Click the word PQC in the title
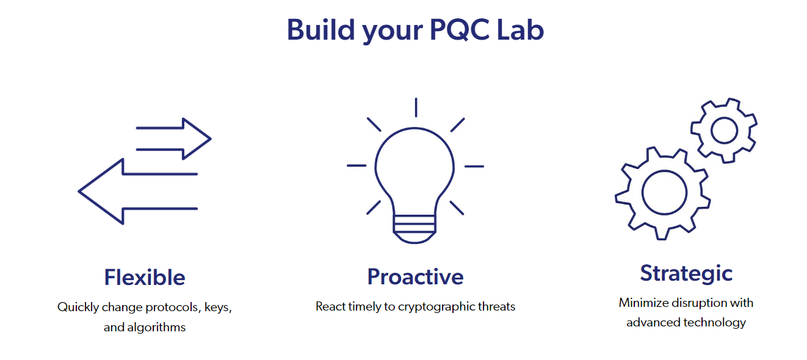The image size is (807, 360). pos(460,31)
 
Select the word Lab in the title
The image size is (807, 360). pos(520,29)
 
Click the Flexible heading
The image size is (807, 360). pos(145,278)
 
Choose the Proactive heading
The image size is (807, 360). pos(415,277)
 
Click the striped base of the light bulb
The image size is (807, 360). pos(414,229)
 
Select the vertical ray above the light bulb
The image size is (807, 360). pos(416,107)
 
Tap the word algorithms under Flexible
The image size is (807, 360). pos(156,327)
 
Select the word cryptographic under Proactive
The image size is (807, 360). pos(436,307)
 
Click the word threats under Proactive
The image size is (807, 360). pos(497,306)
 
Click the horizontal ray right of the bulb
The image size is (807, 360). pos(474,167)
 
